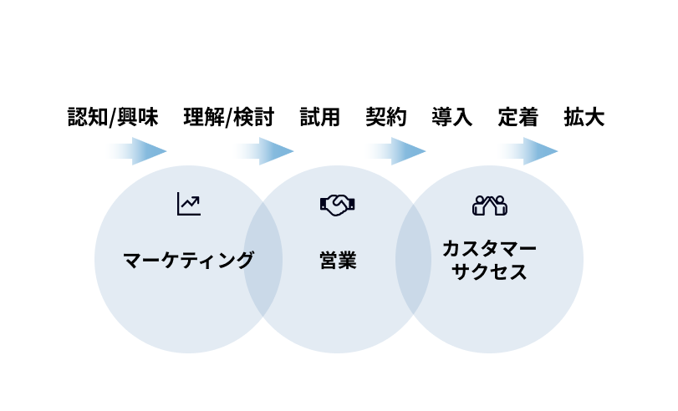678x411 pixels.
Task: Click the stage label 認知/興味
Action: coord(113,117)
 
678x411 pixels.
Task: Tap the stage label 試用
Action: coord(320,117)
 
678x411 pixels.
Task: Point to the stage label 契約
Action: coord(385,117)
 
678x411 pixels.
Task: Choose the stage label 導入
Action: coord(452,117)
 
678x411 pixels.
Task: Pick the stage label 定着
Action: coord(518,117)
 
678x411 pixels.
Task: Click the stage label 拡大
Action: coord(584,117)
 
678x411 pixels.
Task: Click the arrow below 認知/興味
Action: coord(137,151)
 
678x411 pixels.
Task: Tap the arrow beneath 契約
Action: coord(396,151)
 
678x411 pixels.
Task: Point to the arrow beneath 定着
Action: coord(528,151)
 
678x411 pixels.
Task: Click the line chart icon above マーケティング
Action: coord(188,204)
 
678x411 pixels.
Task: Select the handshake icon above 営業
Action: coord(338,205)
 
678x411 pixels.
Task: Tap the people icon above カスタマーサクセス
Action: coord(490,205)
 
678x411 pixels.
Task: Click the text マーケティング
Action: coord(188,260)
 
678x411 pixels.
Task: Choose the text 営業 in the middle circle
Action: coord(338,260)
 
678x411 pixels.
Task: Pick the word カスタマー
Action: coord(489,248)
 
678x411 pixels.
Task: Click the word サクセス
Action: coord(489,271)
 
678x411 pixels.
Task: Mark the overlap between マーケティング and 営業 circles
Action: coord(263,259)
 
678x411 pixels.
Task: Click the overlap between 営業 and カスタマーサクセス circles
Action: coord(414,259)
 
